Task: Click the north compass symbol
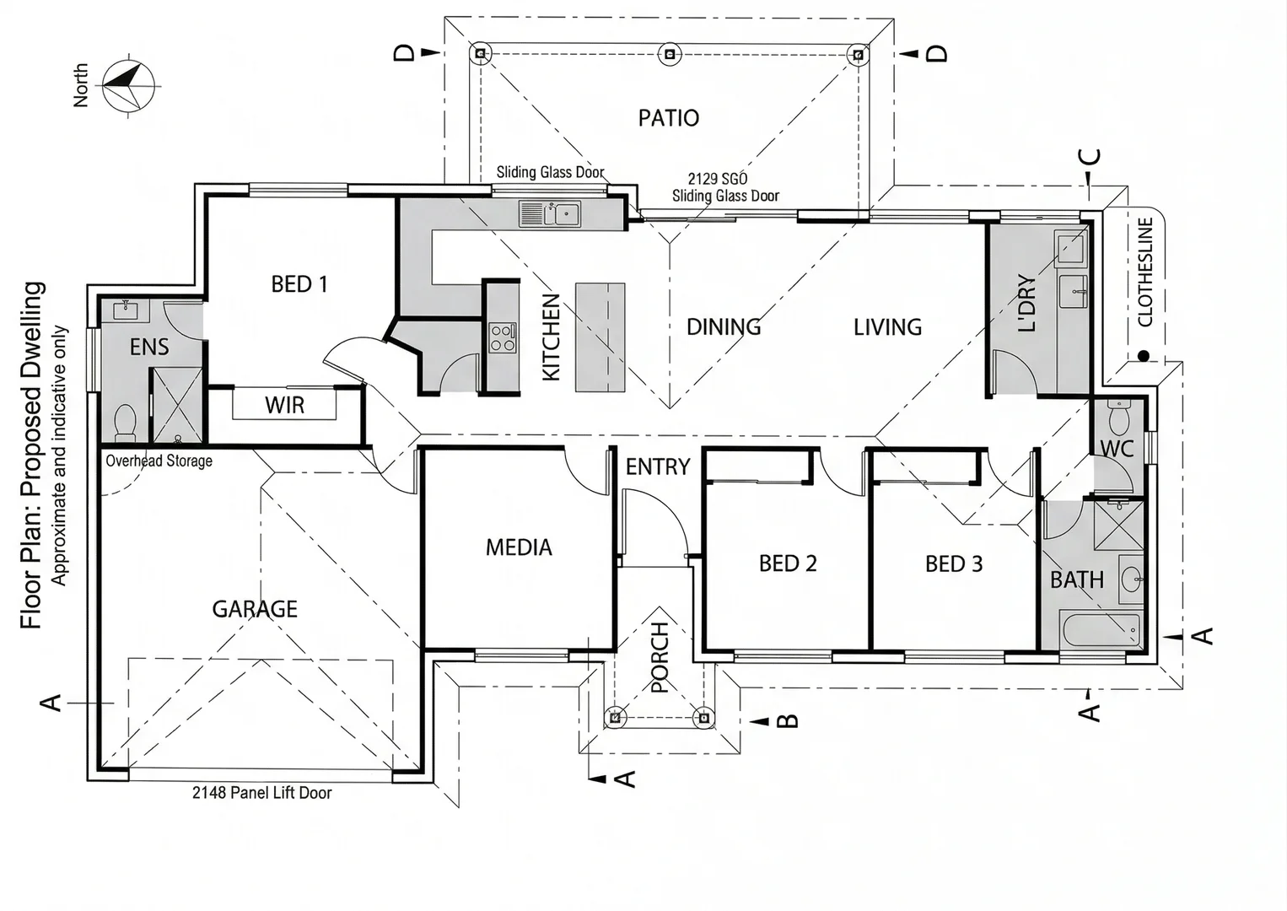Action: click(128, 85)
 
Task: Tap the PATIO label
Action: click(668, 117)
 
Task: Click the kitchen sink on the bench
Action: click(549, 214)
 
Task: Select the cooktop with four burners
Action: click(503, 337)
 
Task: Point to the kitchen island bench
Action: click(600, 337)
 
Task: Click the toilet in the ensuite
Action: click(125, 421)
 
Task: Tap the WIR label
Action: click(284, 406)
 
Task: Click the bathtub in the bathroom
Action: click(1101, 630)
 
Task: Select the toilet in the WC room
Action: click(1119, 418)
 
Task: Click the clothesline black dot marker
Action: click(1143, 356)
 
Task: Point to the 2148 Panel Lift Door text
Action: click(261, 793)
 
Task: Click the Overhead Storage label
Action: click(159, 461)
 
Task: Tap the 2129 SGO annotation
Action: click(717, 179)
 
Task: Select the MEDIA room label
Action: click(519, 547)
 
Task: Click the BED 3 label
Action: click(954, 563)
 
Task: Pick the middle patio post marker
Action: click(669, 54)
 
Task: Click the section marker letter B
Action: click(787, 720)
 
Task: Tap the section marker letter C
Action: click(1090, 157)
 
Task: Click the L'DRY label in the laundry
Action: click(1026, 304)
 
